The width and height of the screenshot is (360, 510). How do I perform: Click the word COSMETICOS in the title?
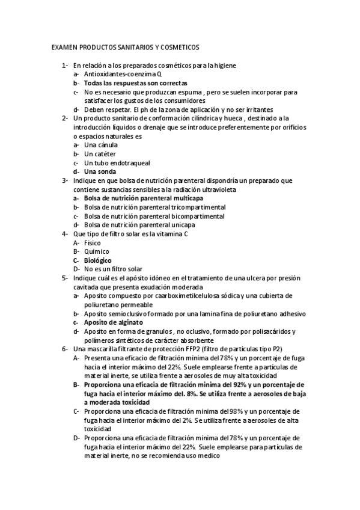180,47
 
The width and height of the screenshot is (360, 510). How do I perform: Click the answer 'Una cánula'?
101,145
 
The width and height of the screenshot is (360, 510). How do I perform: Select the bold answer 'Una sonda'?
101,172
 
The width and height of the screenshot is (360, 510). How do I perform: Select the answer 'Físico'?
93,243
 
